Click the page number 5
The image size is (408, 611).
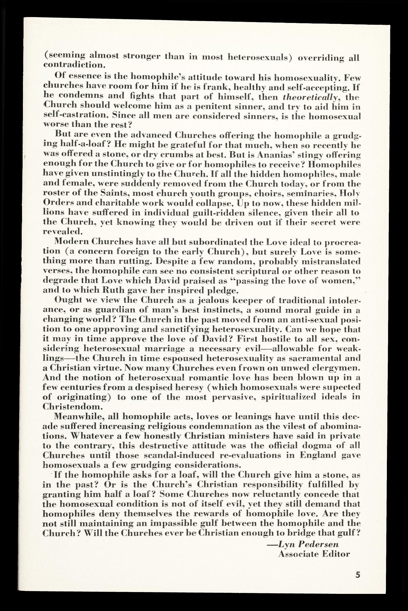358,575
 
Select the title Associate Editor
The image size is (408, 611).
314,554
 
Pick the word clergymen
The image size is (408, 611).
336,368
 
